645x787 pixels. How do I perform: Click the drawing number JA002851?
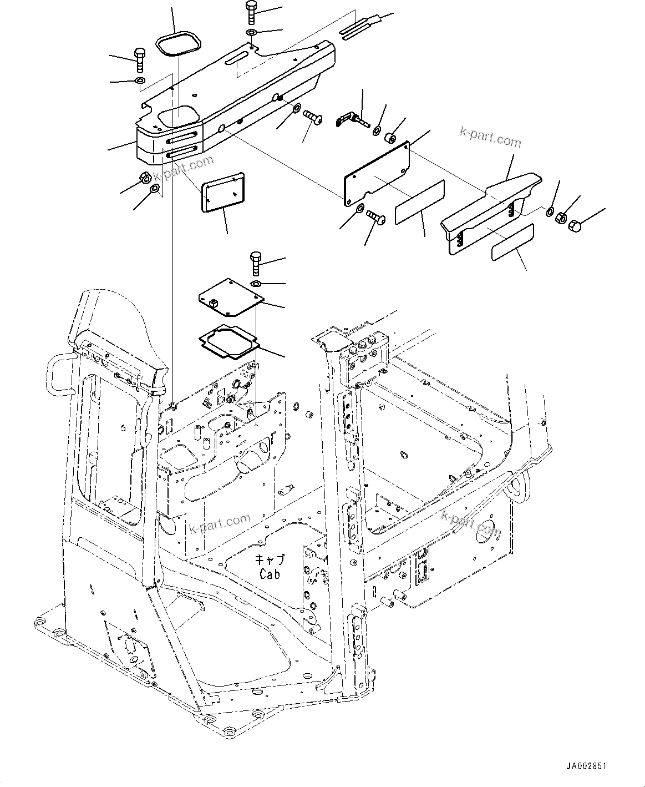(x=586, y=766)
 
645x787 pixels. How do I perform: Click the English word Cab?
(x=270, y=574)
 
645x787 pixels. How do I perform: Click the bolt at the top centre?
(x=250, y=12)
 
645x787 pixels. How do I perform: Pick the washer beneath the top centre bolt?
(x=251, y=34)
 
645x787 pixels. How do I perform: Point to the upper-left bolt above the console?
(x=139, y=60)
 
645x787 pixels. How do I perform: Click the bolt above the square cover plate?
(x=256, y=263)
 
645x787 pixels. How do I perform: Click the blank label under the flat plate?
(x=420, y=202)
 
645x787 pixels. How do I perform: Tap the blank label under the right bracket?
(x=513, y=243)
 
